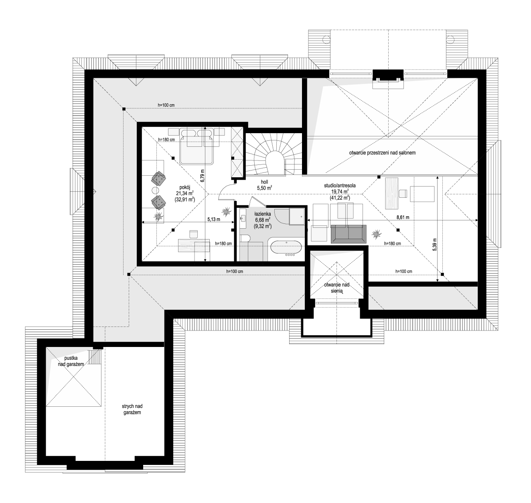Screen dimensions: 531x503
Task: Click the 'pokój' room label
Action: [x=185, y=187]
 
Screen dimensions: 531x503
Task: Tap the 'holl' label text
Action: [x=264, y=182]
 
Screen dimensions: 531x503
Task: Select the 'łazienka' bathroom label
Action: [x=263, y=214]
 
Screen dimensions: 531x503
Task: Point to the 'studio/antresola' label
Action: [x=340, y=186]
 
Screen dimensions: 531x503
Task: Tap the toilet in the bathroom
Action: [x=245, y=238]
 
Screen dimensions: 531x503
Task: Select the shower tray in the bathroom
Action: [x=297, y=216]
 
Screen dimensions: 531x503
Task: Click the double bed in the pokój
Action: [x=197, y=146]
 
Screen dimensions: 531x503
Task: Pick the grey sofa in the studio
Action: [x=349, y=234]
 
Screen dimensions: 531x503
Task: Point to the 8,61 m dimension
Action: [x=403, y=217]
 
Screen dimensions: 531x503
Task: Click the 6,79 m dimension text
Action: [x=203, y=176]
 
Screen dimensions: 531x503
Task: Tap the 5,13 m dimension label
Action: [x=214, y=219]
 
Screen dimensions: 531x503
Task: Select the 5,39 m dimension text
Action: [x=435, y=244]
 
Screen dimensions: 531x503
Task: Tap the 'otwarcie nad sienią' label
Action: [x=336, y=288]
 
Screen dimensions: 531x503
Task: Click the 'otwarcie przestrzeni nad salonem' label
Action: [x=382, y=153]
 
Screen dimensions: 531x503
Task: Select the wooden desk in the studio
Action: [x=392, y=193]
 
